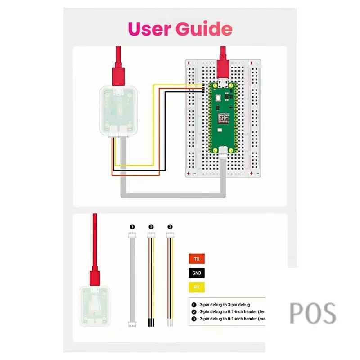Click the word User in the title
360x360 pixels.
tap(149, 29)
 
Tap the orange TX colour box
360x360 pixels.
tap(196, 259)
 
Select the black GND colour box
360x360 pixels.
tap(196, 273)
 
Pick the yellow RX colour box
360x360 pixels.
tap(196, 287)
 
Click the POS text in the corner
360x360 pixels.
tap(313, 313)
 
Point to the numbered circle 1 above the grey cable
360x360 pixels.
tap(132, 227)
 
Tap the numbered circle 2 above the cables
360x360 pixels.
tap(151, 227)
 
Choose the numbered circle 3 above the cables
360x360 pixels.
tap(170, 227)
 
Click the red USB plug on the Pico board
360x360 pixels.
tap(223, 67)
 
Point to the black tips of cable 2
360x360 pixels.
tap(151, 323)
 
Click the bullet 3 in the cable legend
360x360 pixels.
tap(194, 318)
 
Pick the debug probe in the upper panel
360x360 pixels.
tap(117, 110)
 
